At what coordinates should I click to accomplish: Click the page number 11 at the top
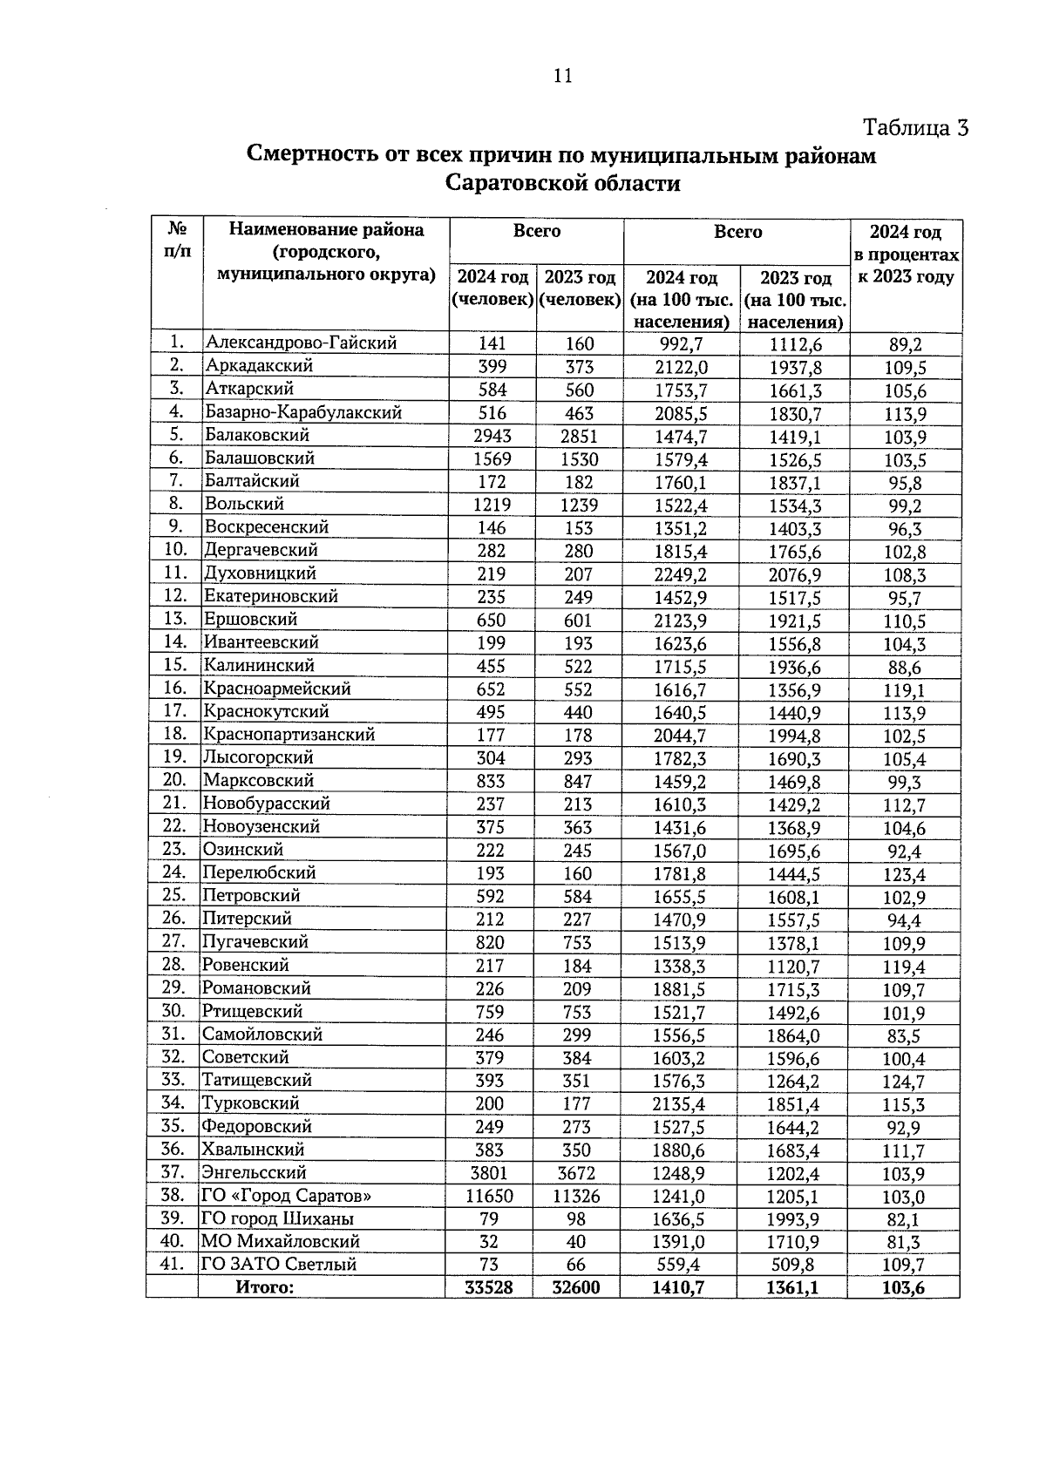click(x=562, y=76)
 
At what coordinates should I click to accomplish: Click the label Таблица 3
click(x=915, y=127)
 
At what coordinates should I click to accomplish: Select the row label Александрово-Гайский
click(x=301, y=343)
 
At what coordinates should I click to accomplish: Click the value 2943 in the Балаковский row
click(x=492, y=436)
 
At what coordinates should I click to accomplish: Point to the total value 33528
click(x=489, y=1287)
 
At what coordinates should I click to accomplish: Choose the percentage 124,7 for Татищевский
click(x=903, y=1082)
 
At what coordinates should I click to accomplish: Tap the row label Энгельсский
click(x=255, y=1172)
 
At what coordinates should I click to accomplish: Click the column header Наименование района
click(x=326, y=230)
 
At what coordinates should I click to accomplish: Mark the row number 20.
click(x=175, y=780)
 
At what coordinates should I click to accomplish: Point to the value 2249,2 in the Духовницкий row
click(x=681, y=573)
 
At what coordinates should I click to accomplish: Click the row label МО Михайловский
click(x=281, y=1241)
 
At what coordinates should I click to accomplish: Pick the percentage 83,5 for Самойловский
click(x=903, y=1036)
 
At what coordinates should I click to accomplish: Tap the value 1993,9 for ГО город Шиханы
click(x=794, y=1219)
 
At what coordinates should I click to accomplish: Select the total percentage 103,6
click(x=903, y=1287)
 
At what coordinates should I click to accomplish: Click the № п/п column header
click(x=178, y=240)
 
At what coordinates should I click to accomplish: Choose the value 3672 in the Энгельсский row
click(x=577, y=1173)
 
